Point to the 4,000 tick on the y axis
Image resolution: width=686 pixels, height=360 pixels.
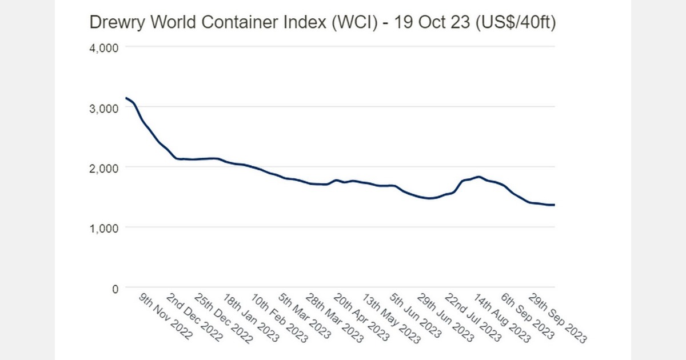coord(104,47)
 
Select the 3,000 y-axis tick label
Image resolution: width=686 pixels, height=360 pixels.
coord(104,108)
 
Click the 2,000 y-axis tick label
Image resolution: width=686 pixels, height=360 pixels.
coord(104,168)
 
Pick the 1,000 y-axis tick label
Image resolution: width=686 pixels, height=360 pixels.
coord(104,229)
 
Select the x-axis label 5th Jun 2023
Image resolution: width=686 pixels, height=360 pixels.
coord(416,318)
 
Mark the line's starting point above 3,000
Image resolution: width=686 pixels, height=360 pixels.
coord(126,98)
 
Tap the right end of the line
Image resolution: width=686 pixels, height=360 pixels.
coord(554,205)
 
